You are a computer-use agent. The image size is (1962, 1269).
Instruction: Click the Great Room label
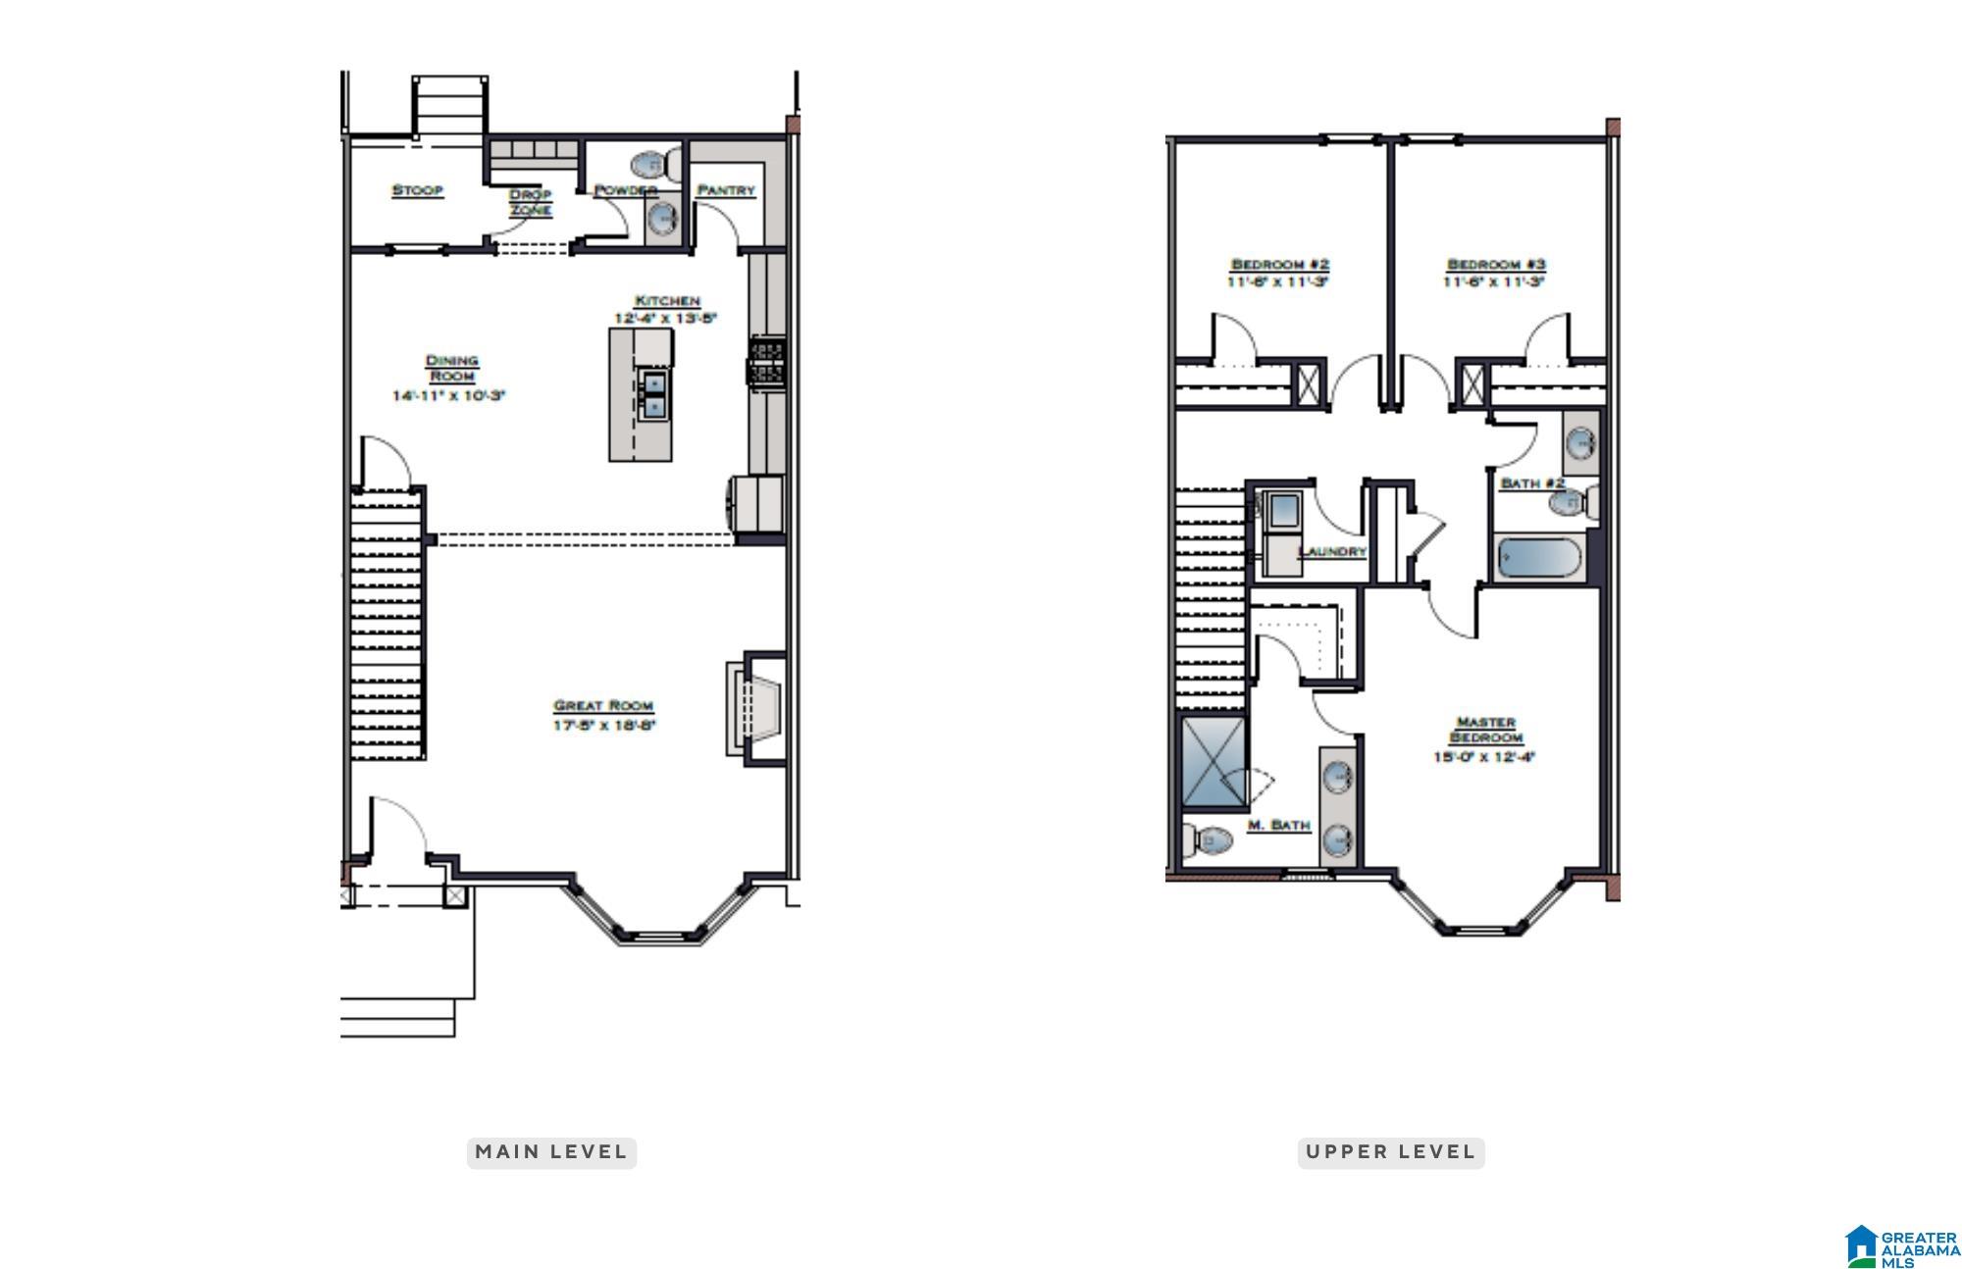tap(603, 705)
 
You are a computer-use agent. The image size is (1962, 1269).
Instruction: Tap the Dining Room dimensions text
tap(448, 396)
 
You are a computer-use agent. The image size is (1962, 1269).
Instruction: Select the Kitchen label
tap(667, 300)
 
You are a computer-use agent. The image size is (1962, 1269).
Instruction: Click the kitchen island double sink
tap(653, 394)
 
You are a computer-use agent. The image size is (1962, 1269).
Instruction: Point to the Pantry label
tap(726, 190)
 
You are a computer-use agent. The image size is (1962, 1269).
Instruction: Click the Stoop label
tap(418, 190)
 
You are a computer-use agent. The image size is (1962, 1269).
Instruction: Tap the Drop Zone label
tap(530, 202)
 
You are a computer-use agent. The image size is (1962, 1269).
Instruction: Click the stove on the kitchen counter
tap(766, 362)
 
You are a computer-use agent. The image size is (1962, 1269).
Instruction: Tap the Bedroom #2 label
tap(1279, 265)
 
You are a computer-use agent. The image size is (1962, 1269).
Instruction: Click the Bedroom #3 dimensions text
tap(1493, 282)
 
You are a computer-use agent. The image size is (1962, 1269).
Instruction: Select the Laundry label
tap(1331, 551)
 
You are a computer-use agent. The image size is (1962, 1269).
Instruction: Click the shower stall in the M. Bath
tap(1213, 762)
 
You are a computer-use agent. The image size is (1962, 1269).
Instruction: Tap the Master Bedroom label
tap(1485, 730)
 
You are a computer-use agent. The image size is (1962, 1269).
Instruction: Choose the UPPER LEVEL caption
tap(1390, 1152)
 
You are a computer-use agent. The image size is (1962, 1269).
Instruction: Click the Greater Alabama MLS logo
tap(1901, 1245)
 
